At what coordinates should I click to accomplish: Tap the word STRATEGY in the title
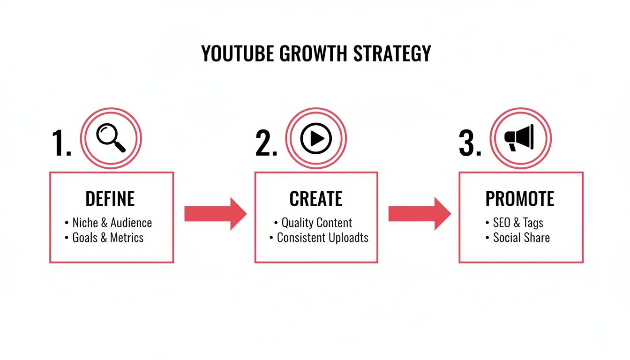click(x=392, y=54)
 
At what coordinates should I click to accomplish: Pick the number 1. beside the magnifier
click(x=61, y=143)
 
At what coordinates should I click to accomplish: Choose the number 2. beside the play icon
click(x=266, y=143)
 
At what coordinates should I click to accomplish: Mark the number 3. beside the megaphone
click(x=470, y=143)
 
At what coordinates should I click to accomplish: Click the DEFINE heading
click(x=110, y=199)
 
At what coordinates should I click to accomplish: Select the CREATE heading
click(x=316, y=199)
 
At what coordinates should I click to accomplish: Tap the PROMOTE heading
click(x=520, y=199)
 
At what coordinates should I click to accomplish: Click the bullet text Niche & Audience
click(x=112, y=223)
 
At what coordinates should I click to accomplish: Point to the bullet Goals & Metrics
click(x=108, y=238)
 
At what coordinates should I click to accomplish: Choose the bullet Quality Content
click(x=316, y=223)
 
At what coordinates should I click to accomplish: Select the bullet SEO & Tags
click(x=518, y=223)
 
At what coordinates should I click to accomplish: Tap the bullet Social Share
click(x=521, y=238)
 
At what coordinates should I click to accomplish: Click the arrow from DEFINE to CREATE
click(x=215, y=214)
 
